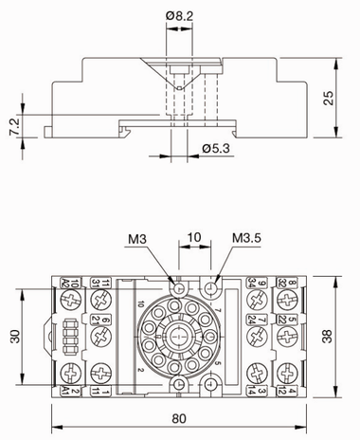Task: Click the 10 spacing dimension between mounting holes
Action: (x=194, y=236)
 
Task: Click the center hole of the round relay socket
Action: (x=180, y=335)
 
